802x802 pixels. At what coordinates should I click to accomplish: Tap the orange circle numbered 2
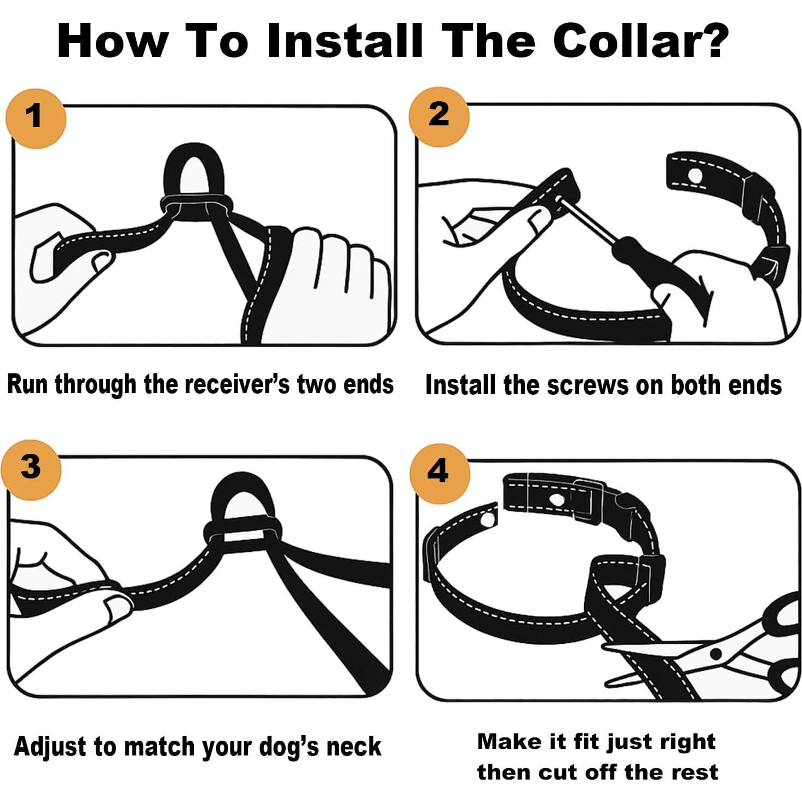pyautogui.click(x=439, y=116)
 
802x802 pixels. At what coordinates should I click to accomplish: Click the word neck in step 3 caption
pyautogui.click(x=354, y=747)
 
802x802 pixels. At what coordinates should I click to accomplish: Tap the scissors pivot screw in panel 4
pyautogui.click(x=715, y=654)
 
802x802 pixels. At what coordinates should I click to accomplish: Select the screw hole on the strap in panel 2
pyautogui.click(x=695, y=176)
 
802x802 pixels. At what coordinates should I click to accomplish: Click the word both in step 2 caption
pyautogui.click(x=697, y=385)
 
